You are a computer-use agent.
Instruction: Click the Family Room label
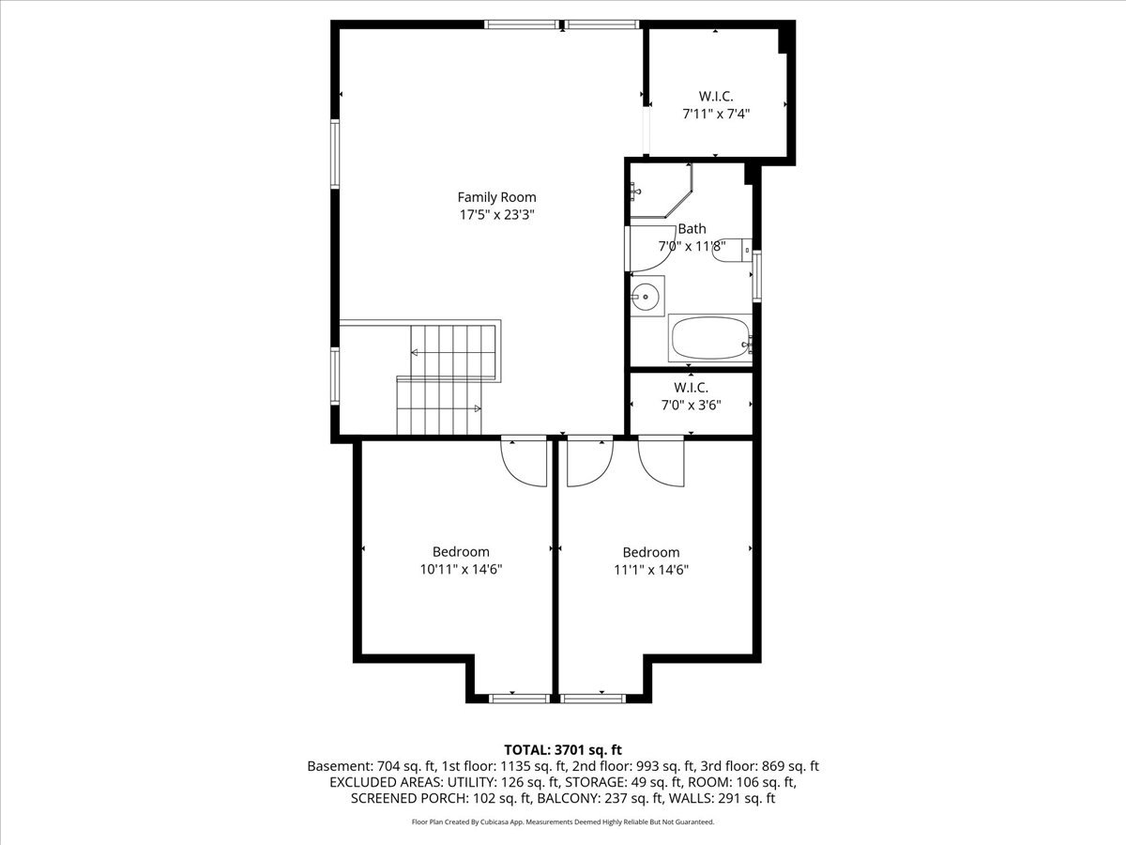[496, 197]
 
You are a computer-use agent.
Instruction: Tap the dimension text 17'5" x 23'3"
[496, 214]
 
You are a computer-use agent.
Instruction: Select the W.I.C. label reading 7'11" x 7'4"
[716, 114]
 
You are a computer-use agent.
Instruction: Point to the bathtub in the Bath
[710, 338]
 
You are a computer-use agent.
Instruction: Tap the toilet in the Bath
[732, 251]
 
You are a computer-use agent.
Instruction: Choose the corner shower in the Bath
[662, 191]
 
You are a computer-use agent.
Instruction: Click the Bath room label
[692, 228]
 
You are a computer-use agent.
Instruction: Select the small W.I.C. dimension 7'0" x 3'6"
[691, 406]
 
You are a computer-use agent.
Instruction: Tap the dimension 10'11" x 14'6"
[461, 569]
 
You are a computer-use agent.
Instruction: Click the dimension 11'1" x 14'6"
[651, 570]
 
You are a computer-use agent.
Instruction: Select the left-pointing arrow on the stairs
[414, 352]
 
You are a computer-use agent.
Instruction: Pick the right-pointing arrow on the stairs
[478, 409]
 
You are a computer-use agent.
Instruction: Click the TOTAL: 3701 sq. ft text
[563, 750]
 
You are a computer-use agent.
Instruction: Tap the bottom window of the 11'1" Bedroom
[592, 699]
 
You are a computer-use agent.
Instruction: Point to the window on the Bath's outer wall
[756, 276]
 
